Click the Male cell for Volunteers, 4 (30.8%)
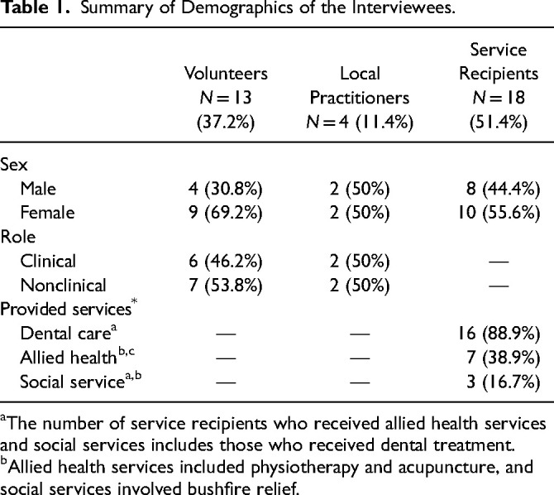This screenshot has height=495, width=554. (226, 188)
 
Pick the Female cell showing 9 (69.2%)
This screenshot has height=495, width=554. (226, 212)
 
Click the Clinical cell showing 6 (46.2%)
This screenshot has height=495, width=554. (226, 261)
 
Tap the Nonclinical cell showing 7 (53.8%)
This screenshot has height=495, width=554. (226, 286)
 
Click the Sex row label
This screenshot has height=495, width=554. (15, 164)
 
